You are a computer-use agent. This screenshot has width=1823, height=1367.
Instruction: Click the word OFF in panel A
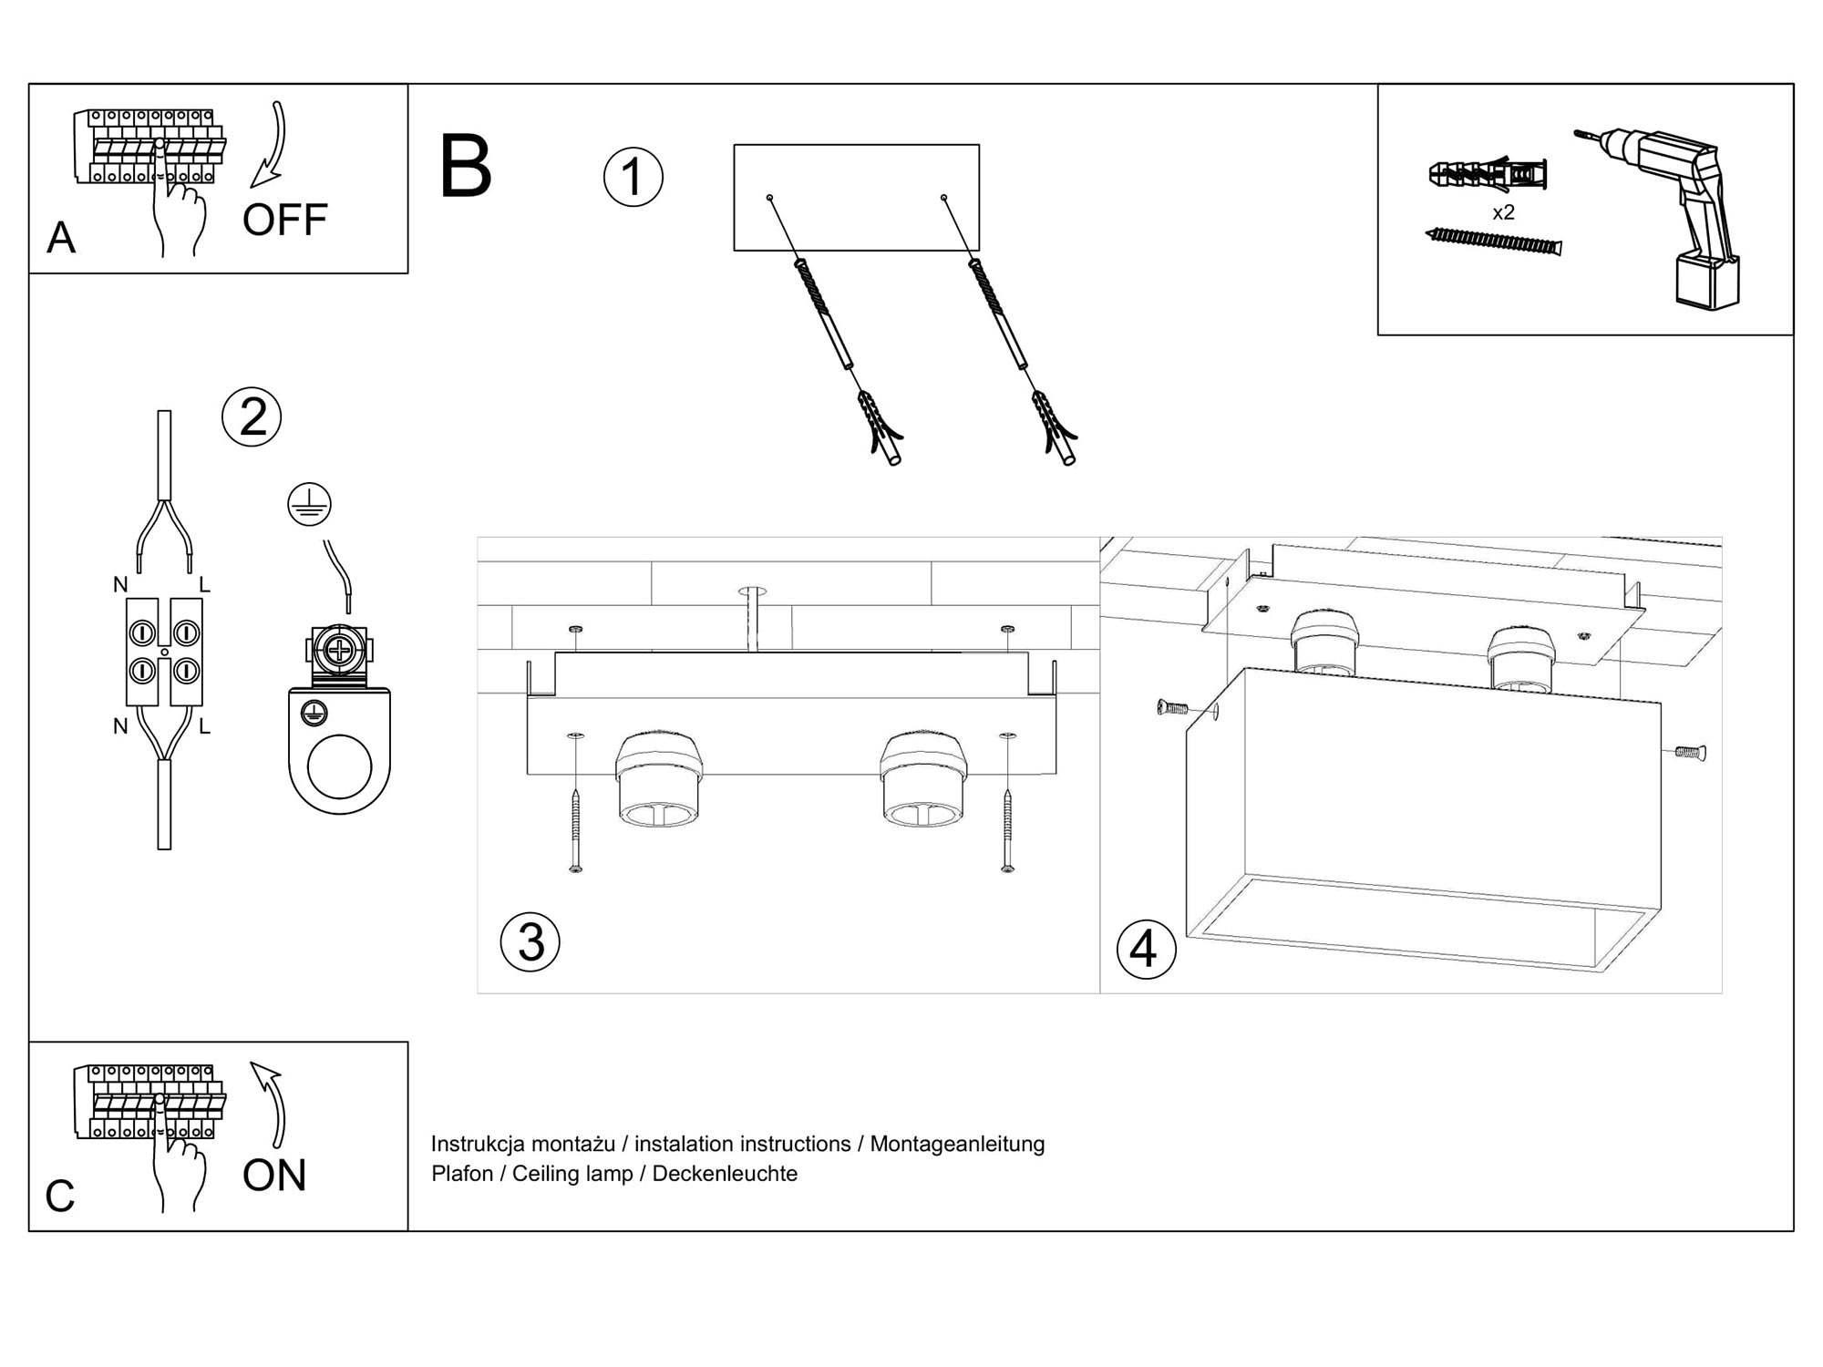pyautogui.click(x=284, y=220)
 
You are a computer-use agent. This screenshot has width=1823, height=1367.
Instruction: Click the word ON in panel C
pyautogui.click(x=274, y=1176)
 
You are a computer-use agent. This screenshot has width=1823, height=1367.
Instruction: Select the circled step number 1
pyautogui.click(x=633, y=177)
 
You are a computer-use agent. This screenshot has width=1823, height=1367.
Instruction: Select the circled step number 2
pyautogui.click(x=252, y=417)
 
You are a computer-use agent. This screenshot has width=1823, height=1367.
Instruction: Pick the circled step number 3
pyautogui.click(x=530, y=941)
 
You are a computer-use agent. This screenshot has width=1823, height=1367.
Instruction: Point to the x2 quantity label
pyautogui.click(x=1503, y=213)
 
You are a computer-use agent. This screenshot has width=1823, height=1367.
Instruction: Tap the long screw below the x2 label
pyautogui.click(x=1493, y=242)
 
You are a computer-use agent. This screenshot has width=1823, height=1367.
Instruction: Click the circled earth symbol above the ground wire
pyautogui.click(x=309, y=505)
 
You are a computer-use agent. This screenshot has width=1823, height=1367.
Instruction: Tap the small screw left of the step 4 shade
pyautogui.click(x=1172, y=706)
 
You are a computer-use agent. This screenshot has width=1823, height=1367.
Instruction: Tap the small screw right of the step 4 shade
pyautogui.click(x=1690, y=753)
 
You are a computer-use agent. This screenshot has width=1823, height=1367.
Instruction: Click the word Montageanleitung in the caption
pyautogui.click(x=957, y=1144)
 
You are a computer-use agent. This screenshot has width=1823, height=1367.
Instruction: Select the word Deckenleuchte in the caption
pyautogui.click(x=725, y=1174)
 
